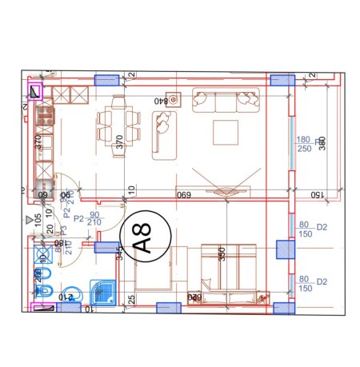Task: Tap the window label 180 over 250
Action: (x=304, y=143)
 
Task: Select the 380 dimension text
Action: (x=322, y=143)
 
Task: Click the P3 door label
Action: (x=61, y=238)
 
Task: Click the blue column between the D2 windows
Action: (x=282, y=250)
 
